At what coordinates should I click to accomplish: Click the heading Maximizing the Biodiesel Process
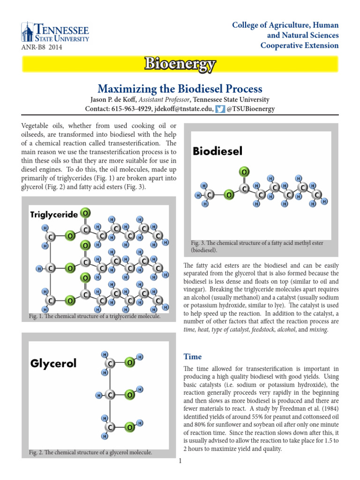click(x=180, y=89)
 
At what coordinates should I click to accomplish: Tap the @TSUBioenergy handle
click(x=251, y=109)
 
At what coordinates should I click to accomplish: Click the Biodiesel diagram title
click(x=217, y=151)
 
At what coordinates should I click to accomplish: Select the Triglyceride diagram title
click(x=54, y=214)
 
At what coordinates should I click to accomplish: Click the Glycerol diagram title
click(x=54, y=363)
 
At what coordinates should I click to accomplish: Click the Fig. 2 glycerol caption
click(x=90, y=452)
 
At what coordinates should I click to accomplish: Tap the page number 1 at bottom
click(x=180, y=461)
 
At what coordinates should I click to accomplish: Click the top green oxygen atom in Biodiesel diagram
click(x=244, y=172)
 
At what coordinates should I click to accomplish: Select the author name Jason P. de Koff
click(x=111, y=99)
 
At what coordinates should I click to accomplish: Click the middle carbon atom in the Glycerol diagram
click(x=110, y=395)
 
